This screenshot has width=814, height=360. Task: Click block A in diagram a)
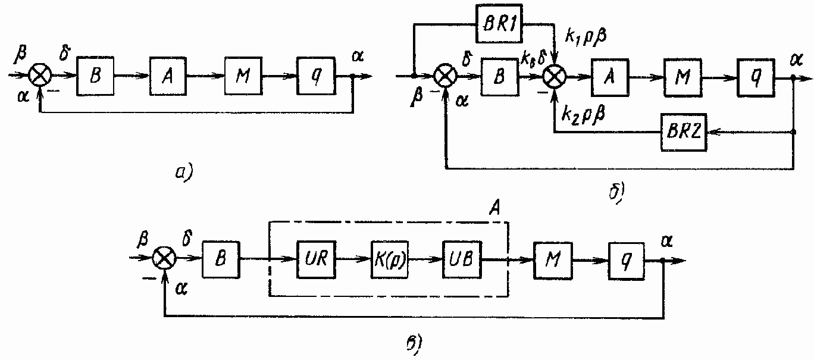[x=168, y=76]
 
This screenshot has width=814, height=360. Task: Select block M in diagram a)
[x=242, y=76]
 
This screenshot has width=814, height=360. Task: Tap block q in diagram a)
[x=315, y=76]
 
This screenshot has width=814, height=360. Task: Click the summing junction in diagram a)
[x=40, y=76]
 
